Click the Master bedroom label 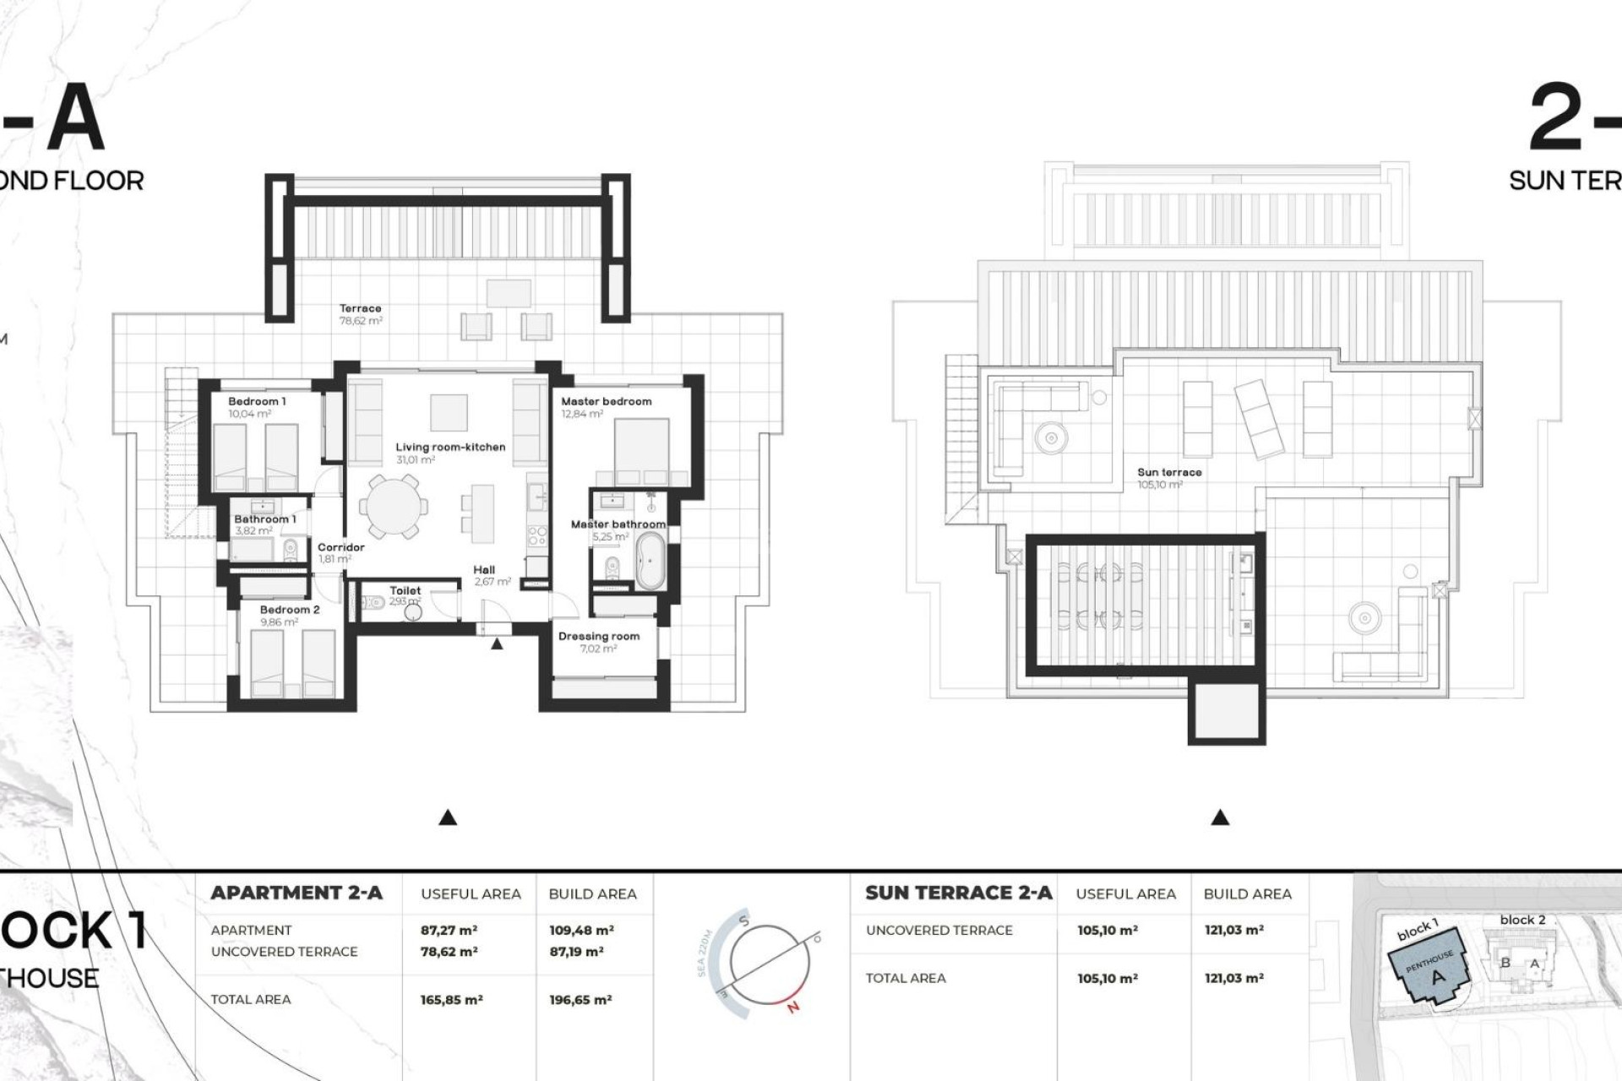606,402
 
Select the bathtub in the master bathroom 650,559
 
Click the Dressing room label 598,636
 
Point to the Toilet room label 405,591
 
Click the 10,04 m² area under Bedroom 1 249,415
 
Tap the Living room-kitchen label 450,447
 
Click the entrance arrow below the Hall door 497,644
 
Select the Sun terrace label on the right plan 1168,473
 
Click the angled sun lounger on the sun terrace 1259,418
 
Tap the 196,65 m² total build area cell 580,1000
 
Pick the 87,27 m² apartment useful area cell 449,930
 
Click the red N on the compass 792,1007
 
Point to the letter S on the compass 744,921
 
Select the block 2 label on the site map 1522,920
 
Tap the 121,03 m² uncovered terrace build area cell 1233,930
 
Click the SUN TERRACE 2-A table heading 959,893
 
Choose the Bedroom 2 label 289,610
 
